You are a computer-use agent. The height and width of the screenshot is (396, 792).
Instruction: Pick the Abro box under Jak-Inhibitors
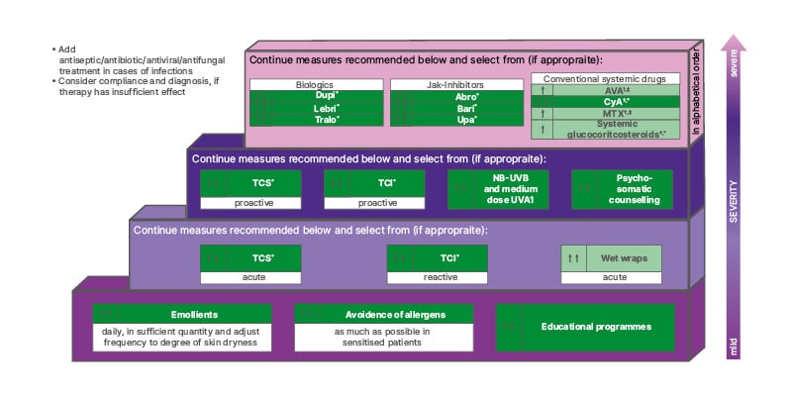(454, 96)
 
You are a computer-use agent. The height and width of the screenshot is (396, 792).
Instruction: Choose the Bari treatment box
(454, 108)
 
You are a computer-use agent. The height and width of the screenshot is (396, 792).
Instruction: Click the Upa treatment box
(454, 120)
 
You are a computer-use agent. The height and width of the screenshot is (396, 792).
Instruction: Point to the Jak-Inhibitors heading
(454, 85)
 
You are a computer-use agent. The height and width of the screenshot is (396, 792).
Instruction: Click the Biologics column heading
(314, 85)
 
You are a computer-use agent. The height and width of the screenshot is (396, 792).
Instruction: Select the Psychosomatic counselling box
(622, 189)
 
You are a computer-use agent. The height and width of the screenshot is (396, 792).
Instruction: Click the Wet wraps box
(611, 258)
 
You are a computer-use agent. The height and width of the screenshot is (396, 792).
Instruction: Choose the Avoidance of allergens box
(382, 314)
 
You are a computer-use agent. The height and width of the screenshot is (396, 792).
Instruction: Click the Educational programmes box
(586, 326)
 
